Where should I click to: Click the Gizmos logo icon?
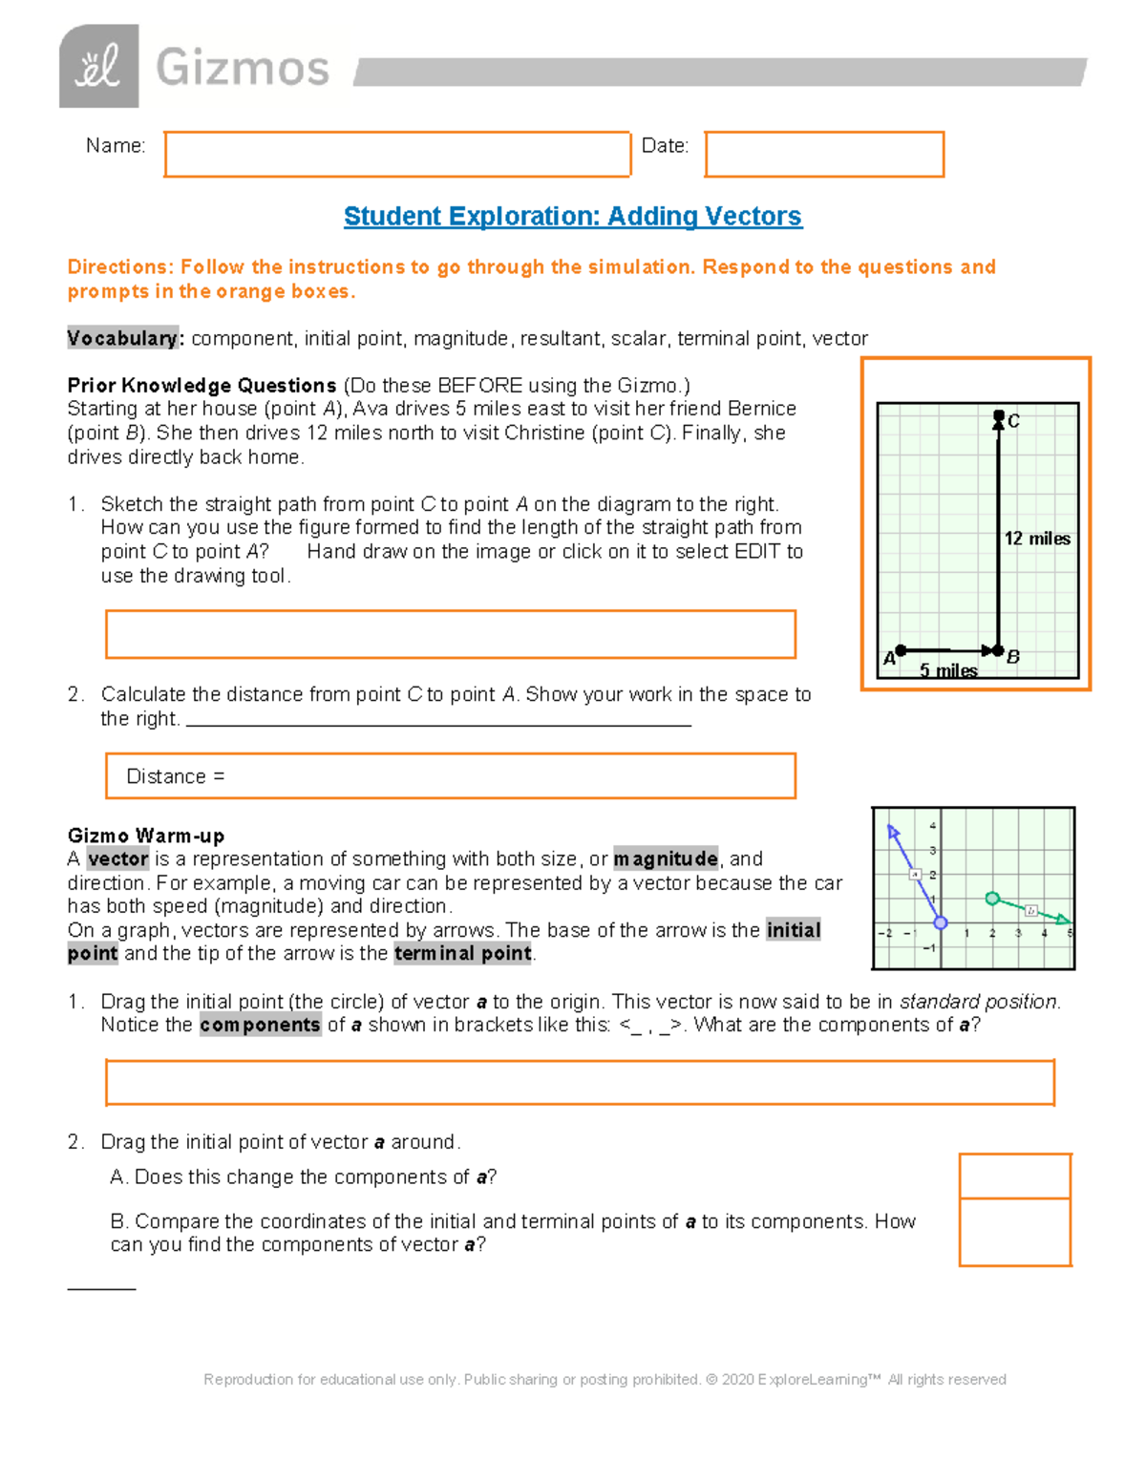click(98, 66)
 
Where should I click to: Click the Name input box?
click(397, 155)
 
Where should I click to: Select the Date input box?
click(824, 155)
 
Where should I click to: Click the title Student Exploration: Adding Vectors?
click(572, 217)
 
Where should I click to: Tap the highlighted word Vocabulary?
click(122, 338)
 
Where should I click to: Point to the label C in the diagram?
click(1014, 421)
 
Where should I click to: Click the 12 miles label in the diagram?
click(1037, 539)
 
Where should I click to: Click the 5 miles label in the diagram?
click(947, 670)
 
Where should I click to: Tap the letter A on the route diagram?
click(889, 658)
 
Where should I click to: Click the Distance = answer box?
click(450, 776)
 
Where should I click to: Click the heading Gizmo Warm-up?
click(146, 836)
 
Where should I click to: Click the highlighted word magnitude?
click(666, 858)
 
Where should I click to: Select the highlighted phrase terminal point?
click(463, 953)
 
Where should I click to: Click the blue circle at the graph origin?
click(941, 922)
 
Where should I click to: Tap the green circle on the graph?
click(992, 899)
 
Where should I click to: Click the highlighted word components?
click(260, 1025)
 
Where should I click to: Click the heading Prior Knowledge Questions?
click(202, 385)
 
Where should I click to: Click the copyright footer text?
click(605, 1379)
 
